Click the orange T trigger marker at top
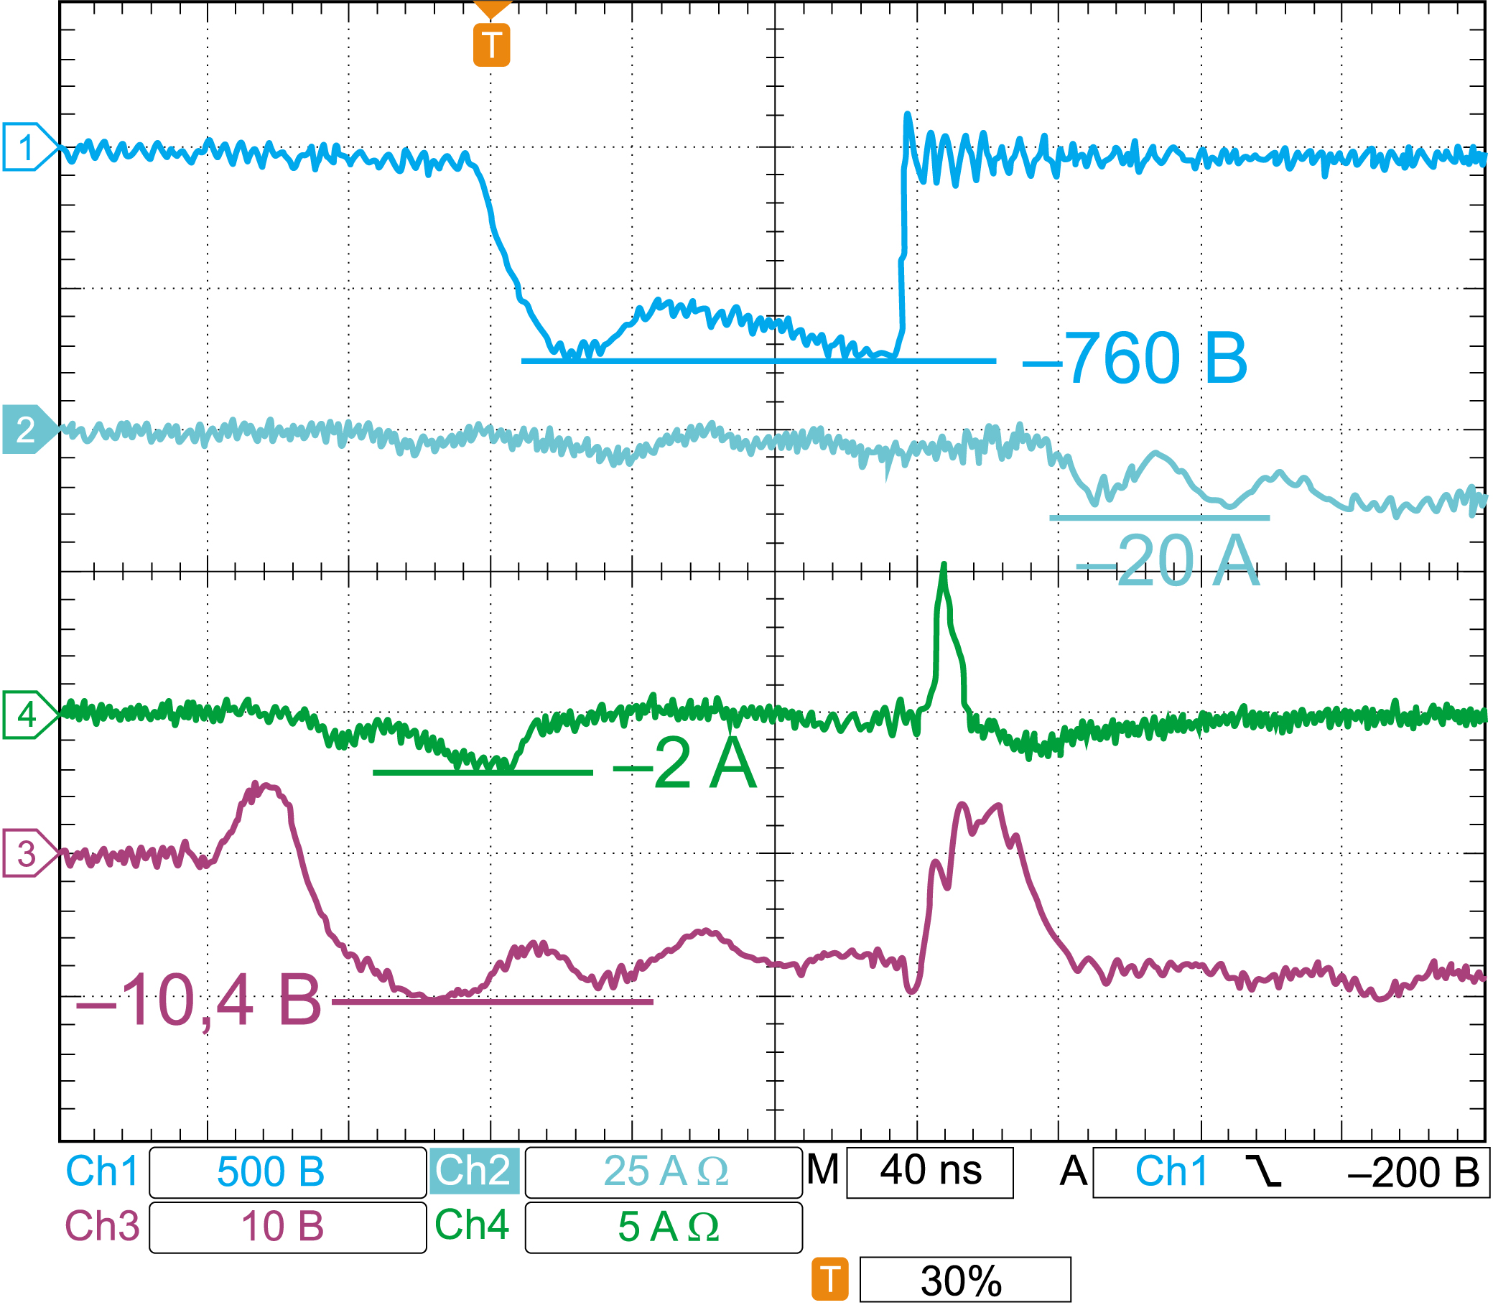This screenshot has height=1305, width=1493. pos(492,45)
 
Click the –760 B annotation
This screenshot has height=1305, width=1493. pos(1134,358)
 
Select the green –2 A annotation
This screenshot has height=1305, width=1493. pos(684,763)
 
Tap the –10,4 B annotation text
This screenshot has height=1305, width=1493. pos(198,1002)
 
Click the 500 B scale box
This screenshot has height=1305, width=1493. pos(288,1172)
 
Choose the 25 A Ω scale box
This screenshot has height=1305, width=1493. pos(664,1172)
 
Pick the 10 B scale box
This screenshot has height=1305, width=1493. pos(288,1227)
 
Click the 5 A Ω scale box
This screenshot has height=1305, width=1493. pos(664,1227)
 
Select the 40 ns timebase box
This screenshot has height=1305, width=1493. pos(929,1171)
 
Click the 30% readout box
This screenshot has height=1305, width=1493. pos(964,1281)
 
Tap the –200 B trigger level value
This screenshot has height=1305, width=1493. pos(1413,1172)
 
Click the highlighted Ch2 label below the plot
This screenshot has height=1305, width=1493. pos(474,1171)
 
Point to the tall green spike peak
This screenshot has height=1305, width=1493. pos(944,566)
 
